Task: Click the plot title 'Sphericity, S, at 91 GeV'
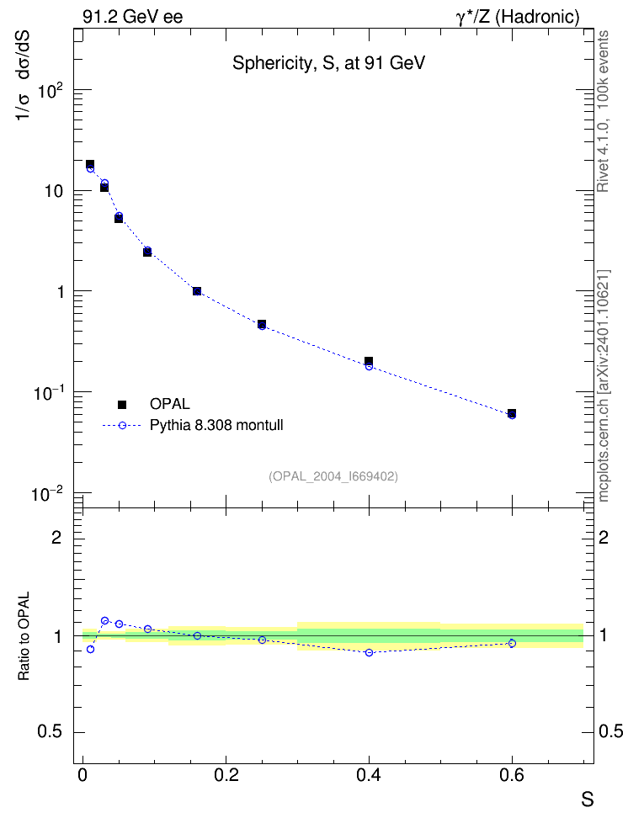coord(328,63)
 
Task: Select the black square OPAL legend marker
coord(122,404)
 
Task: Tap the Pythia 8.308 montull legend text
coord(216,425)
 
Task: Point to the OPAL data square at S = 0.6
coord(512,413)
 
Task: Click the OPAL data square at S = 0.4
coord(369,361)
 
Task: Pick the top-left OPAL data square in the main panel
coord(90,164)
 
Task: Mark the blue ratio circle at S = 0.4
coord(369,652)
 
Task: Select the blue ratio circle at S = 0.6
coord(512,643)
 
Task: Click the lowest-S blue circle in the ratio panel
coord(90,649)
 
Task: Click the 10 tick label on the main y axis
coord(54,191)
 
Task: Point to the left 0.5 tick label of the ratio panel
coord(50,731)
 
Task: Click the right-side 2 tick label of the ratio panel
coord(604,537)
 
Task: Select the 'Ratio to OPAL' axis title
coord(24,636)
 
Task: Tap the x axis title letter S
coord(588,799)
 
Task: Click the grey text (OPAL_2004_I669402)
coord(333,476)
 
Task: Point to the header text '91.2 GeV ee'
coord(133,17)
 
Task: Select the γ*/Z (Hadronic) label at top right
coord(518,17)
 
